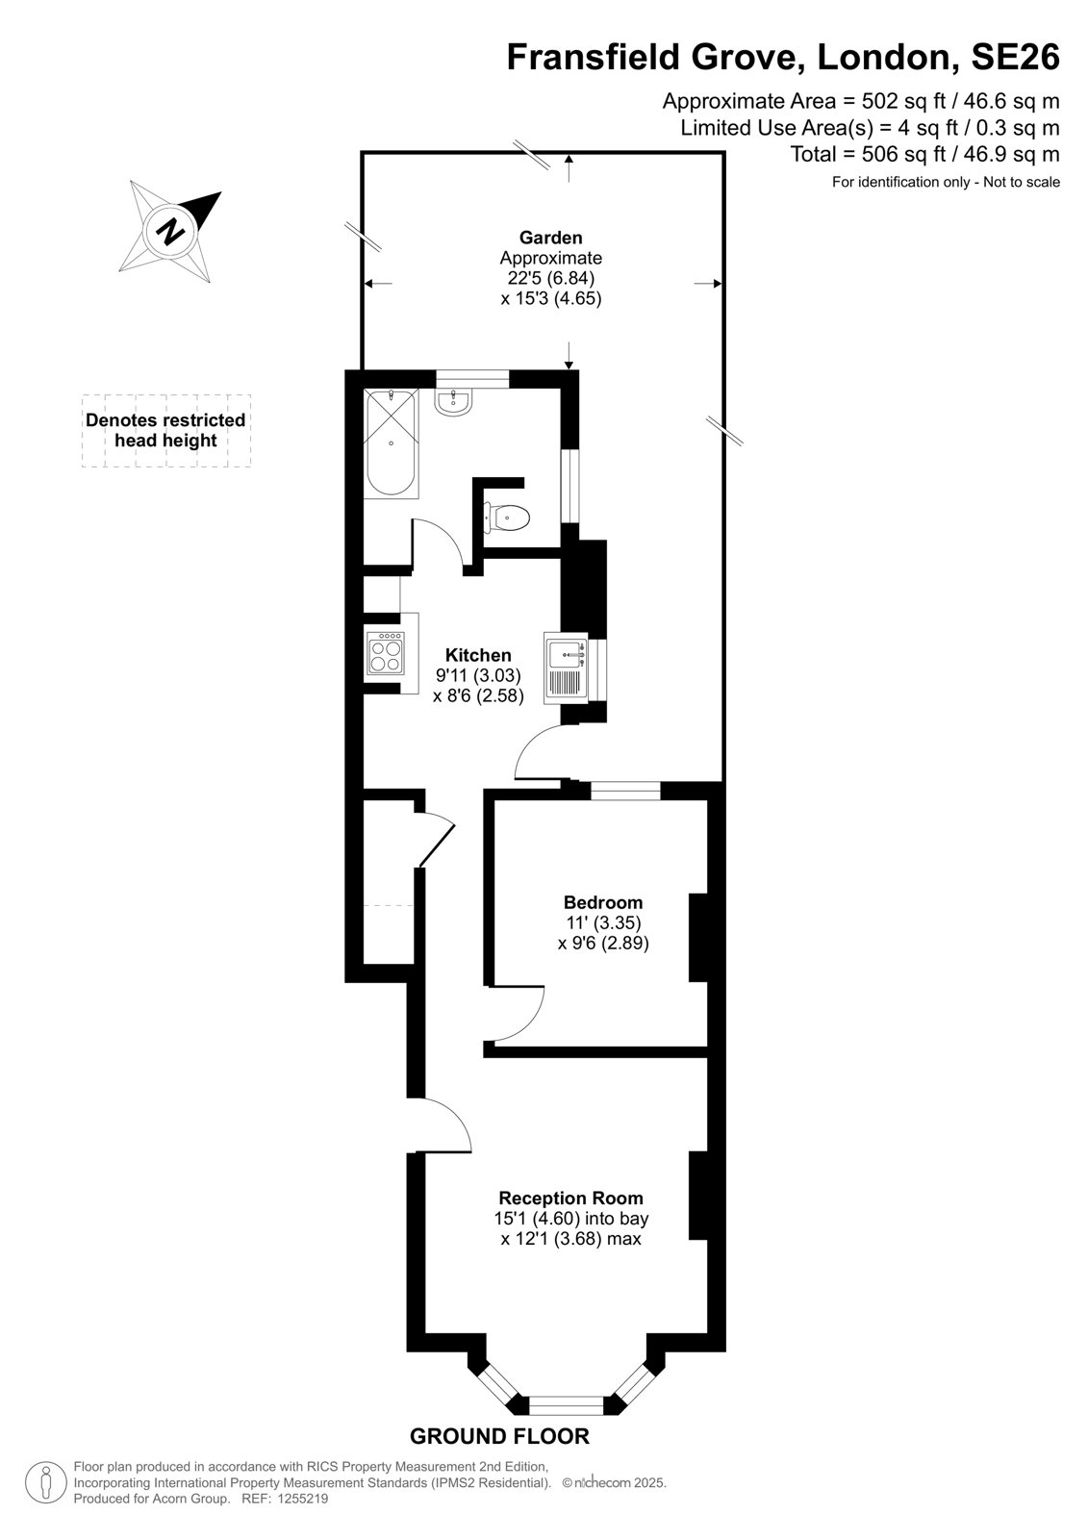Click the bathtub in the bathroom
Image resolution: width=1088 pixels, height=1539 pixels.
click(x=392, y=442)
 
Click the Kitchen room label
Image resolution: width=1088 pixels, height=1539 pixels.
click(x=478, y=655)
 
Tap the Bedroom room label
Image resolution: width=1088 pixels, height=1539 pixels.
click(x=603, y=902)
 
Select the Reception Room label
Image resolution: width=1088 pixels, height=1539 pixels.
click(x=570, y=1198)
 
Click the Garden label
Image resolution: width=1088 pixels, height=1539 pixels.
click(x=550, y=238)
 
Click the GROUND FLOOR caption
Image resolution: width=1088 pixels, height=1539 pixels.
click(x=499, y=1436)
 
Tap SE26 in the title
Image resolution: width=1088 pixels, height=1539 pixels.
click(x=1015, y=57)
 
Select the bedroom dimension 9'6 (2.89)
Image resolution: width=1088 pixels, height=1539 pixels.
click(x=603, y=944)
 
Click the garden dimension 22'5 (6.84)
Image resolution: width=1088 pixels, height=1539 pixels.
click(x=547, y=278)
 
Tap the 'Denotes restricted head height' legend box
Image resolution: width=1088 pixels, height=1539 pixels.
click(x=165, y=431)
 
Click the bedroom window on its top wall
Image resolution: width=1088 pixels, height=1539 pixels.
click(x=625, y=791)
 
